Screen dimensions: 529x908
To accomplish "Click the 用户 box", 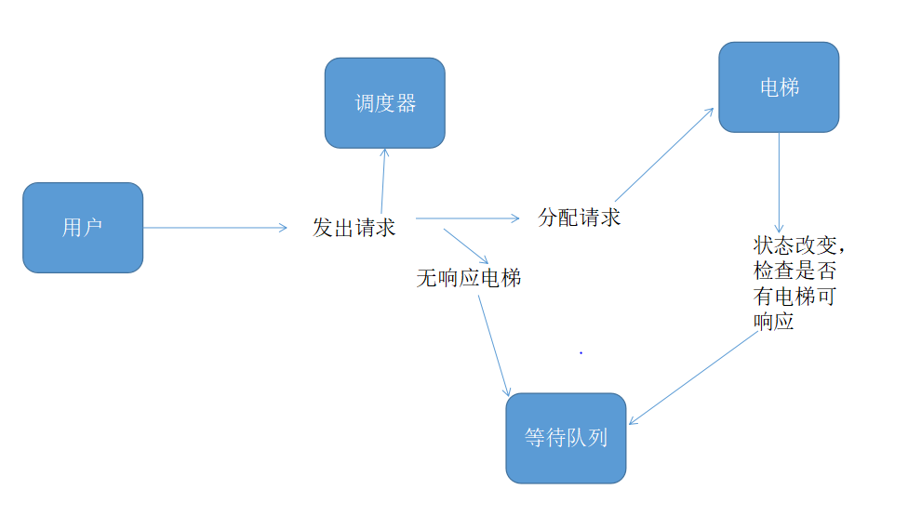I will tap(83, 227).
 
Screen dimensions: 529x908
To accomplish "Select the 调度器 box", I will tap(384, 102).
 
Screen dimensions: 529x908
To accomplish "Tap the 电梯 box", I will tap(779, 87).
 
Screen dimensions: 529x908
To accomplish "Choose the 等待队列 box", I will tap(566, 438).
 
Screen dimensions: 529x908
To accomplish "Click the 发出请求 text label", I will tap(354, 227).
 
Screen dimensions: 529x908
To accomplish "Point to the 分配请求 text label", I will tap(579, 218).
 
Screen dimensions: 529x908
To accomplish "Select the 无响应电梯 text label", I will tap(468, 277).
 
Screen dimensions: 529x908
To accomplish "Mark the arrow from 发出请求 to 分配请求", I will tap(467, 219).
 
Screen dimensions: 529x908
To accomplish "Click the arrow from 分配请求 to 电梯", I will tap(664, 153).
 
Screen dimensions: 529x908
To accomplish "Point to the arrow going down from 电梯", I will tap(780, 182).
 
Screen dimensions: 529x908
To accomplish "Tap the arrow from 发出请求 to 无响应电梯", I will tap(466, 245).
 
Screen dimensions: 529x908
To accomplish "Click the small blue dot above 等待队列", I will tap(581, 352).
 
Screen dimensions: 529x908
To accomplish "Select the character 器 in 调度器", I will tap(406, 103).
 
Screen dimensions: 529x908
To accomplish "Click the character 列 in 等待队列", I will tap(597, 438).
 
